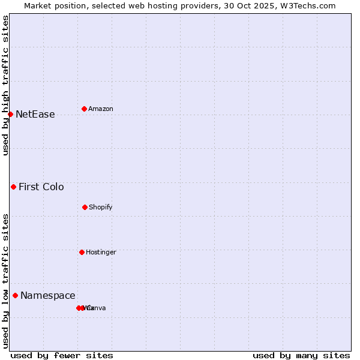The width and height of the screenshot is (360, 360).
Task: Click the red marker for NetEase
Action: pos(10,114)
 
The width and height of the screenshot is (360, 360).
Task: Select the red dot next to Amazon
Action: pos(84,109)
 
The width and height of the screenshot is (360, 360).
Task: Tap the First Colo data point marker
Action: pos(13,187)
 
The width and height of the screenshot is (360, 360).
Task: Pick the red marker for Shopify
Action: pos(85,207)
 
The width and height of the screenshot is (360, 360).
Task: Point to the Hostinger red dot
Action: pos(82,252)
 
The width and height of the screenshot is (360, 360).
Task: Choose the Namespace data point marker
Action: pos(15,295)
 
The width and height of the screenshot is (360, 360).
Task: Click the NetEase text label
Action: pos(35,115)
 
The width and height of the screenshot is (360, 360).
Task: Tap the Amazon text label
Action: pos(101,109)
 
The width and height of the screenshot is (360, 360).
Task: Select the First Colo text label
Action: pos(41,187)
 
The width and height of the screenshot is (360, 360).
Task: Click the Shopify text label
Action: pos(101,208)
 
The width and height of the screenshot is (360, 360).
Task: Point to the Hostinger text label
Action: pos(101,253)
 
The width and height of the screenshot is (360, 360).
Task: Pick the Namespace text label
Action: pos(48,296)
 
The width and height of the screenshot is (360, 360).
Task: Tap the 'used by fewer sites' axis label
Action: pos(62,356)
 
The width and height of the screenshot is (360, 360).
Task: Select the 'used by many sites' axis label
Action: pos(301,356)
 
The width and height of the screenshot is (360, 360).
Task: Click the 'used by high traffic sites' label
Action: pos(5,85)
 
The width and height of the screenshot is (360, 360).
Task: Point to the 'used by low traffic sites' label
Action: pos(5,281)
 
